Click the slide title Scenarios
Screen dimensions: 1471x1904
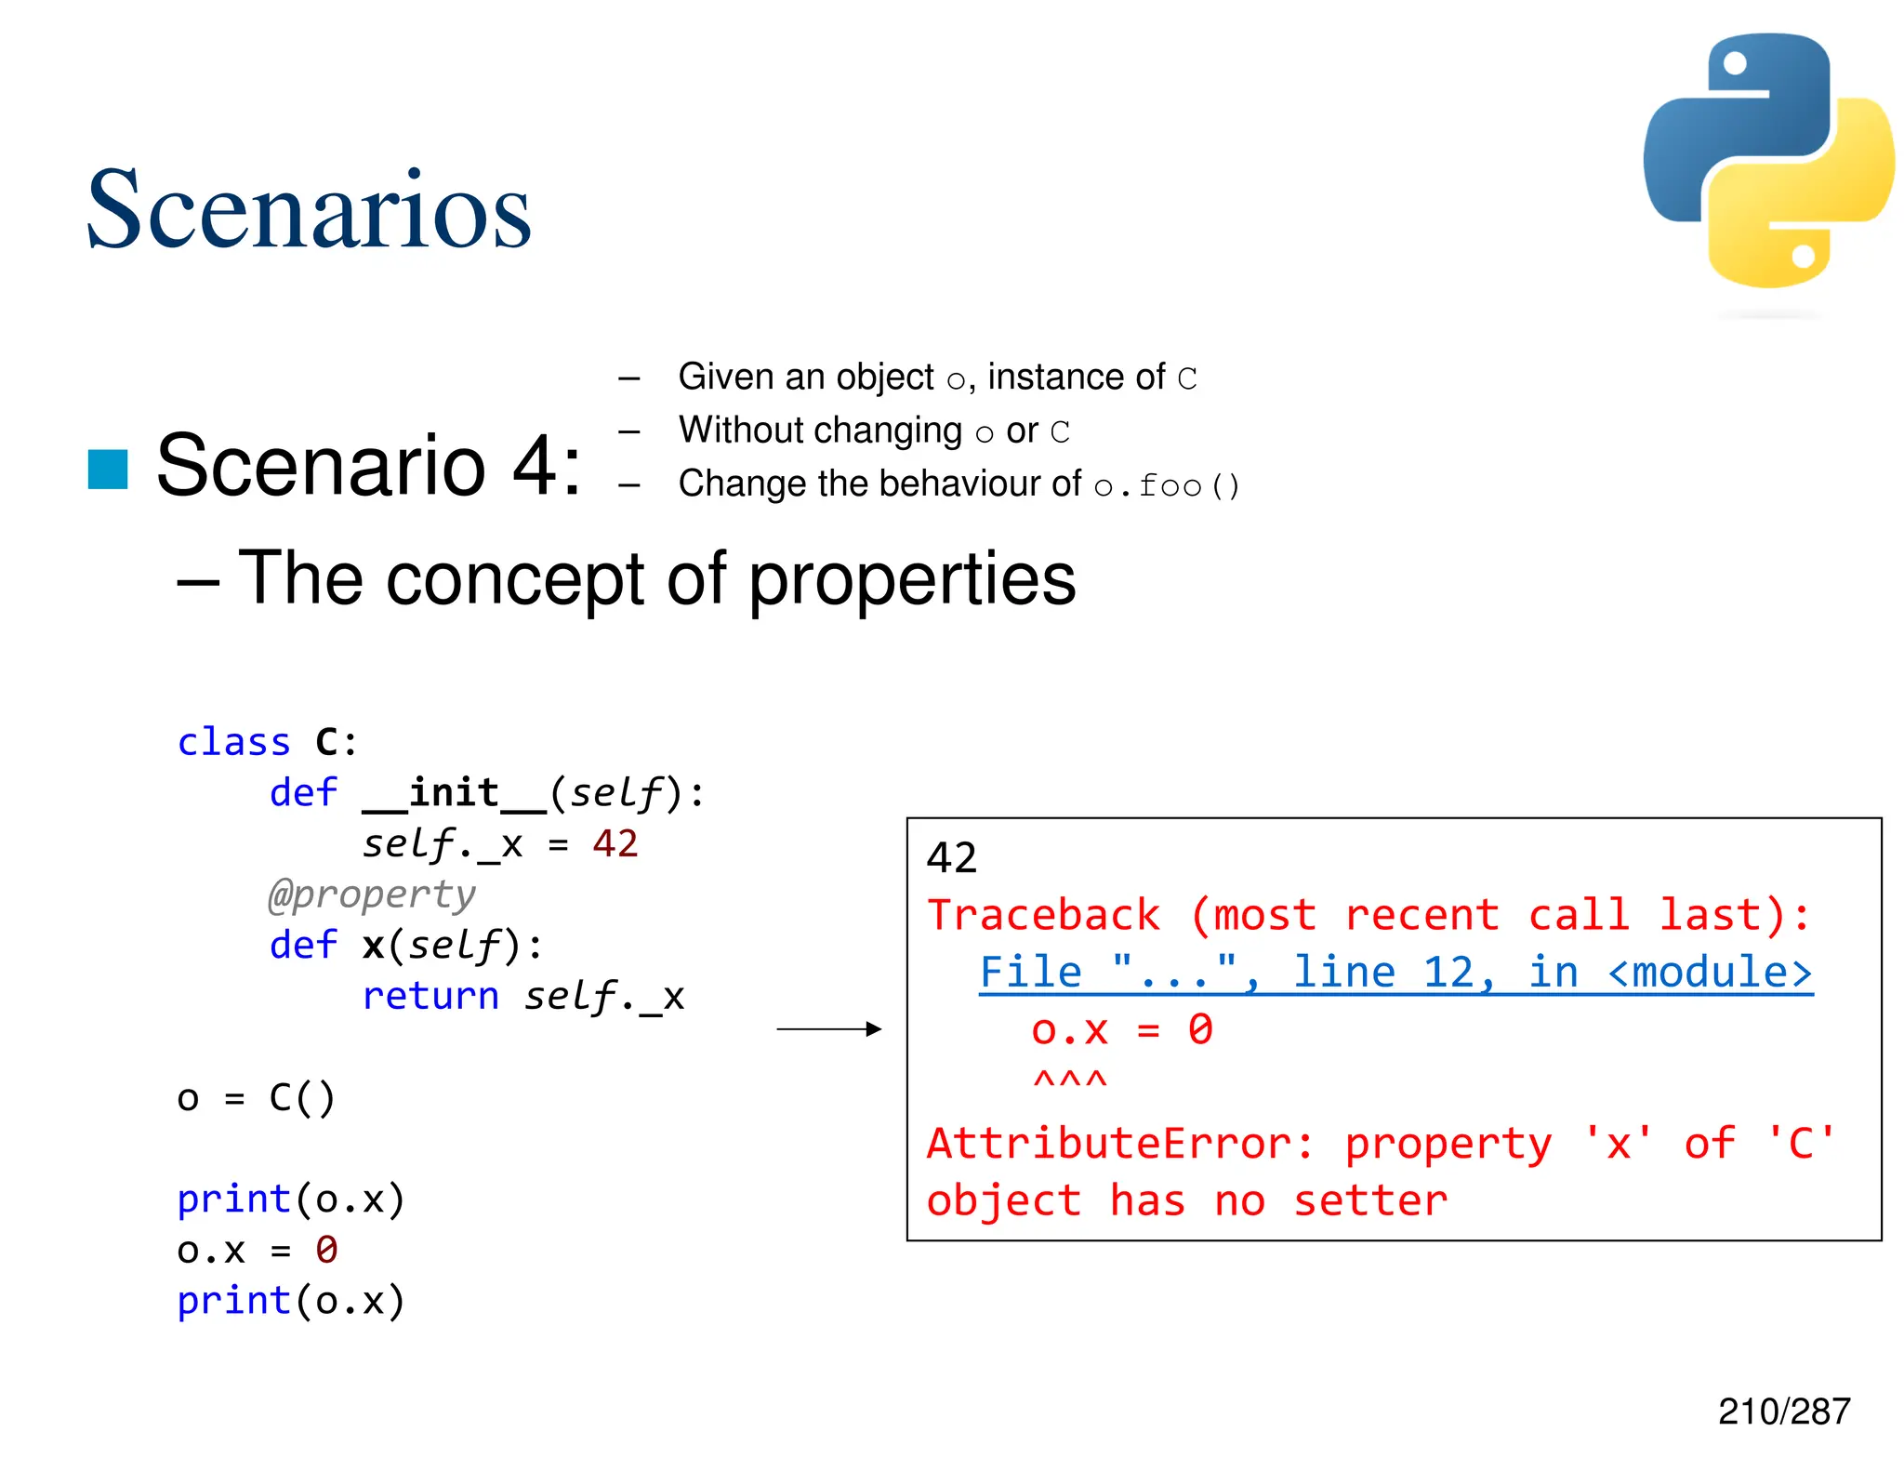[308, 209]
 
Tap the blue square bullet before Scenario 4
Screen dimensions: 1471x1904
[108, 469]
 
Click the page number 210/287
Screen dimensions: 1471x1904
[1783, 1411]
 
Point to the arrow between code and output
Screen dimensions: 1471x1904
[827, 1028]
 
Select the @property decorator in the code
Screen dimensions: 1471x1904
[372, 895]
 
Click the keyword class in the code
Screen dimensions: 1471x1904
[233, 742]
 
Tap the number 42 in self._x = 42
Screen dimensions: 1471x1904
[615, 843]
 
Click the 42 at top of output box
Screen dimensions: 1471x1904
[951, 857]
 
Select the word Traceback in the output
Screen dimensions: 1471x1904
[1043, 915]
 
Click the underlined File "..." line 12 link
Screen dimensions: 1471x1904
[1395, 973]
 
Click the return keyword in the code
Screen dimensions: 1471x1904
[430, 996]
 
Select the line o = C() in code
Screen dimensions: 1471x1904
[256, 1098]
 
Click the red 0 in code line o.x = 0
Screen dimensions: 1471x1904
[326, 1250]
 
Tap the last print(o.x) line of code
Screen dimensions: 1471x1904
[291, 1301]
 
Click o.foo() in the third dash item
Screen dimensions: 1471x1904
[1166, 485]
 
